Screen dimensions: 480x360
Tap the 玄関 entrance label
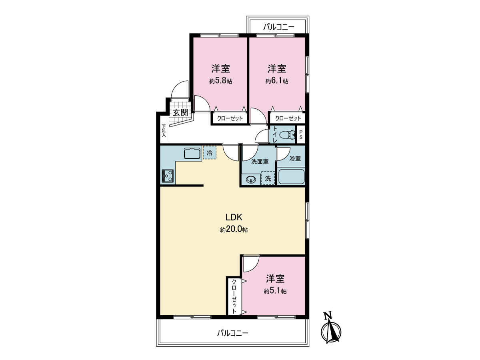pyautogui.click(x=180, y=112)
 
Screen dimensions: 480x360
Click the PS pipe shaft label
pyautogui.click(x=301, y=135)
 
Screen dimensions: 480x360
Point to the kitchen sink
pyautogui.click(x=192, y=153)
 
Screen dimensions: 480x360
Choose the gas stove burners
pyautogui.click(x=168, y=176)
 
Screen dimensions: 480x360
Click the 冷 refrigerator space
pyautogui.click(x=210, y=152)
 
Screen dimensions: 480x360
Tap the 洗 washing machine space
pyautogui.click(x=268, y=178)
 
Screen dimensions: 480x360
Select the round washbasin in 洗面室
pyautogui.click(x=251, y=180)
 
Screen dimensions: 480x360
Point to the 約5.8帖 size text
pyautogui.click(x=220, y=81)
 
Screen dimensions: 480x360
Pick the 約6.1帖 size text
pyautogui.click(x=277, y=81)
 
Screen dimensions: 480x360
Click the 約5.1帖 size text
pyautogui.click(x=275, y=291)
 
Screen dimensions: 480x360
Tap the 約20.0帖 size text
pyautogui.click(x=234, y=230)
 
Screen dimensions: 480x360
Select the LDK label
pyautogui.click(x=234, y=217)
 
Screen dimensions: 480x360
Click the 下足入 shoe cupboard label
pyautogui.click(x=164, y=131)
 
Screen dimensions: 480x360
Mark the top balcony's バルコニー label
pyautogui.click(x=278, y=27)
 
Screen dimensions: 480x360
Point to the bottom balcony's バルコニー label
pyautogui.click(x=233, y=333)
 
